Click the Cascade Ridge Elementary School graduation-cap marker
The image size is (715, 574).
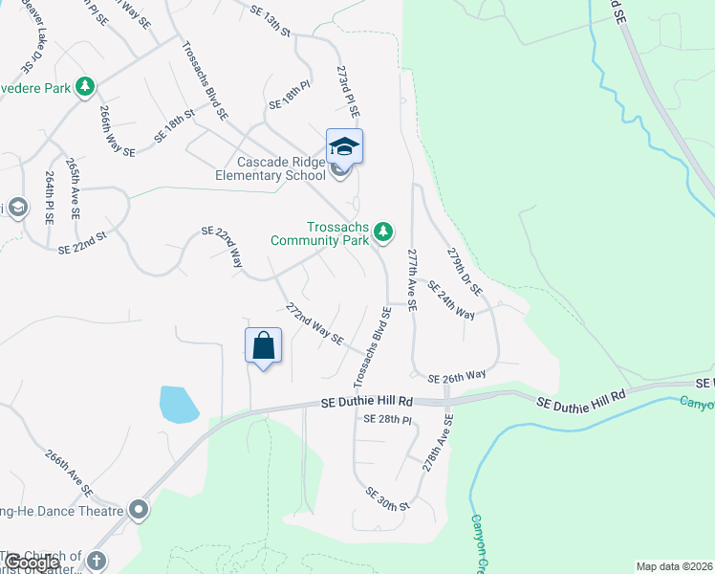pyautogui.click(x=344, y=147)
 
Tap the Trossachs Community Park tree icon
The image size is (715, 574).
pyautogui.click(x=383, y=232)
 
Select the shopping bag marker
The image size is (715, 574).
pyautogui.click(x=264, y=344)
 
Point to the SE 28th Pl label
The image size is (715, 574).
pyautogui.click(x=387, y=420)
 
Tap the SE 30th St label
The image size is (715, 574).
pyautogui.click(x=386, y=497)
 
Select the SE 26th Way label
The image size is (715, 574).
pyautogui.click(x=457, y=377)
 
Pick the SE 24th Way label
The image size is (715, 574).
pyautogui.click(x=451, y=300)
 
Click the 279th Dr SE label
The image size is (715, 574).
pyautogui.click(x=465, y=271)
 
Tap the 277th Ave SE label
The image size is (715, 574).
pyautogui.click(x=412, y=280)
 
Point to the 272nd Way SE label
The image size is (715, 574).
pyautogui.click(x=314, y=323)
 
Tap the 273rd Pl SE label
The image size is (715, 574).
pyautogui.click(x=345, y=91)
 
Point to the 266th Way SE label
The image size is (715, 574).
pyautogui.click(x=116, y=131)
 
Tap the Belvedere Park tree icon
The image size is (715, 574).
pyautogui.click(x=86, y=87)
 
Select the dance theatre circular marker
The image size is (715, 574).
pyautogui.click(x=140, y=510)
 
